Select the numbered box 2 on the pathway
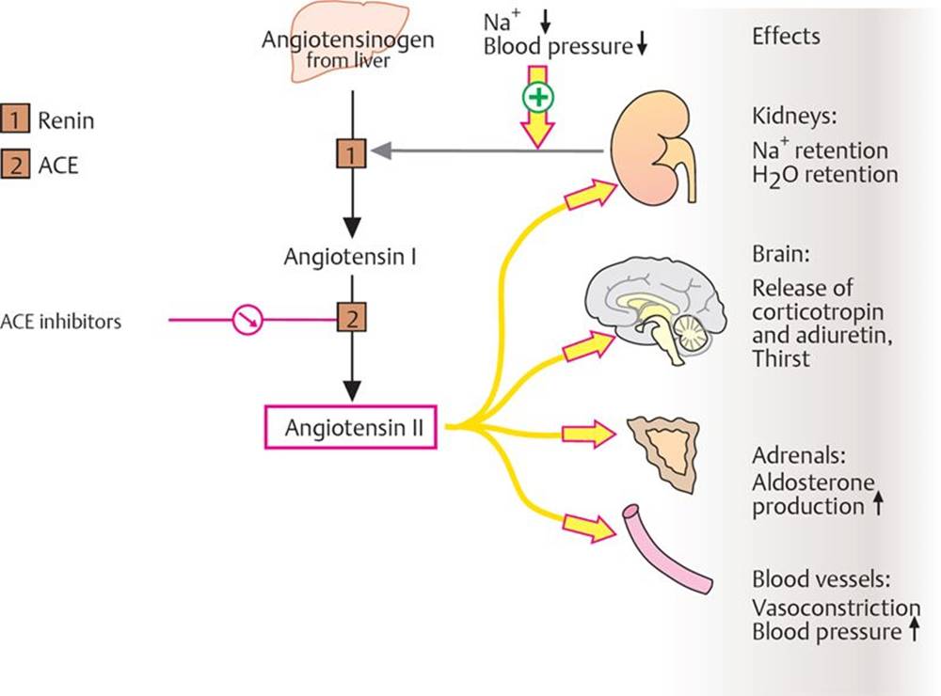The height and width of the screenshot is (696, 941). click(351, 319)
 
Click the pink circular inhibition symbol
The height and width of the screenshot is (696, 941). click(247, 321)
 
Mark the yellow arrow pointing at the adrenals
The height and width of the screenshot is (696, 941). click(587, 434)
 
